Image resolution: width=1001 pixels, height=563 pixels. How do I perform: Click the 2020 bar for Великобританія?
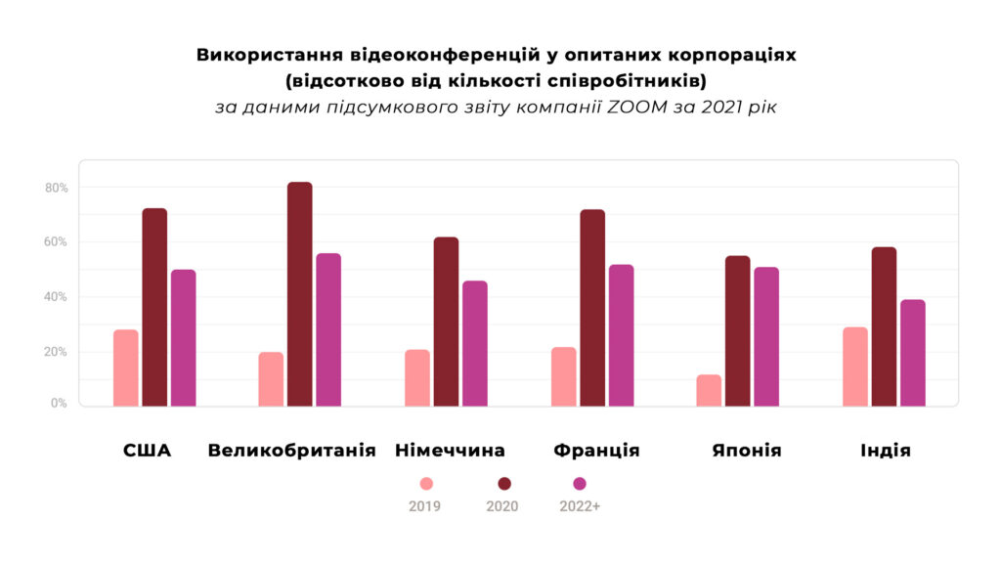point(300,293)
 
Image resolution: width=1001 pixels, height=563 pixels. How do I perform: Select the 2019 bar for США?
point(126,368)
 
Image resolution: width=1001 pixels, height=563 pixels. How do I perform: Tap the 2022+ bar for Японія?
point(766,336)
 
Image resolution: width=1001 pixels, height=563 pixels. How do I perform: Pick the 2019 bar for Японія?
point(709,390)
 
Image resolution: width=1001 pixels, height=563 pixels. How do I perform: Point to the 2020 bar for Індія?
point(884,326)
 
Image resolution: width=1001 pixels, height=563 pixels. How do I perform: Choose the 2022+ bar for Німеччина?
point(475,343)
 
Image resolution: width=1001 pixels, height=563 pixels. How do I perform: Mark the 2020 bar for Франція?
point(592,308)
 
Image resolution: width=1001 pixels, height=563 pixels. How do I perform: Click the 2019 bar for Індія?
point(855,367)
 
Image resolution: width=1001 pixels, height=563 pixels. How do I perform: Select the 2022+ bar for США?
point(184,337)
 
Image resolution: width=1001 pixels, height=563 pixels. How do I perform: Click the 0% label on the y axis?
point(59,403)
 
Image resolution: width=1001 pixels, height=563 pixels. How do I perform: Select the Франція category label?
point(596,451)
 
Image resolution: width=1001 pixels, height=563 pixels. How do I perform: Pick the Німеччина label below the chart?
point(450,451)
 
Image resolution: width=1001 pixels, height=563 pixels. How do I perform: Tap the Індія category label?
point(886,451)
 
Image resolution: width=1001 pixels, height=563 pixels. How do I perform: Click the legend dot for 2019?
point(425,484)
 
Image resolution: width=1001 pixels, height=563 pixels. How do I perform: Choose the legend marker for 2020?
point(504,484)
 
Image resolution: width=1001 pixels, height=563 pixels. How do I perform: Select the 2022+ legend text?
point(580,506)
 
